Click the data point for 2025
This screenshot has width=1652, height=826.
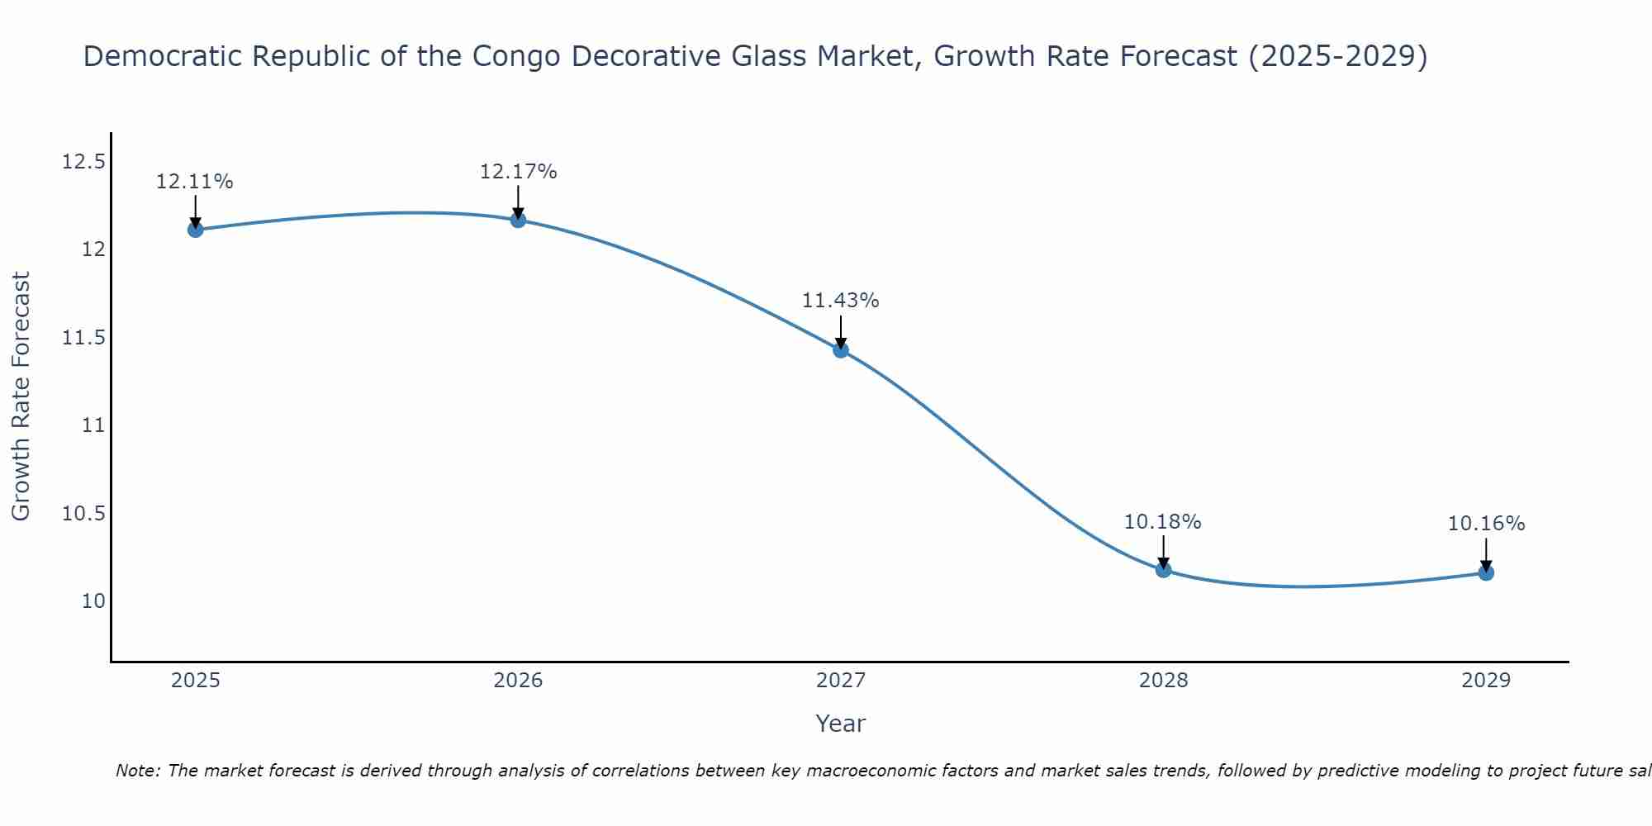pyautogui.click(x=195, y=230)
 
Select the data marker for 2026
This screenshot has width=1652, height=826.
pyautogui.click(x=518, y=220)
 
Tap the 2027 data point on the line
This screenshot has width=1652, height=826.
pyautogui.click(x=841, y=350)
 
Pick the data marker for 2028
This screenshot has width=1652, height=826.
pyautogui.click(x=1163, y=569)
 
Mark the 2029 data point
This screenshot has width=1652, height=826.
pyautogui.click(x=1486, y=572)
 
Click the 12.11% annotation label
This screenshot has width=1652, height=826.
pyautogui.click(x=195, y=182)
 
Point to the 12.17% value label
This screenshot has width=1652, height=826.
pyautogui.click(x=518, y=172)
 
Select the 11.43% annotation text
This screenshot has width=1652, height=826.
pyautogui.click(x=841, y=301)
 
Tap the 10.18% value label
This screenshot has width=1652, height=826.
pyautogui.click(x=1163, y=522)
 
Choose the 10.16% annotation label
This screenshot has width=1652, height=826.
pyautogui.click(x=1486, y=524)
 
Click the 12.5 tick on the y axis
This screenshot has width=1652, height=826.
pyautogui.click(x=83, y=161)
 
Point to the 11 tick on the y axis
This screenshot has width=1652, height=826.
pyautogui.click(x=93, y=425)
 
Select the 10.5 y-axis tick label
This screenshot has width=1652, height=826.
pyautogui.click(x=83, y=514)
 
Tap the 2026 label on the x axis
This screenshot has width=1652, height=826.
pyautogui.click(x=518, y=681)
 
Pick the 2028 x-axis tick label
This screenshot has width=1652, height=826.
pyautogui.click(x=1163, y=681)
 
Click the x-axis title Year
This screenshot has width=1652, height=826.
pyautogui.click(x=841, y=724)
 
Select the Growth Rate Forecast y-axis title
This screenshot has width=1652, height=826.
pyautogui.click(x=21, y=396)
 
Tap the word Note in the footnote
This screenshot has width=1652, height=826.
pyautogui.click(x=137, y=771)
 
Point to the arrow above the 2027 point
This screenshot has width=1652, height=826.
pyautogui.click(x=841, y=332)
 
